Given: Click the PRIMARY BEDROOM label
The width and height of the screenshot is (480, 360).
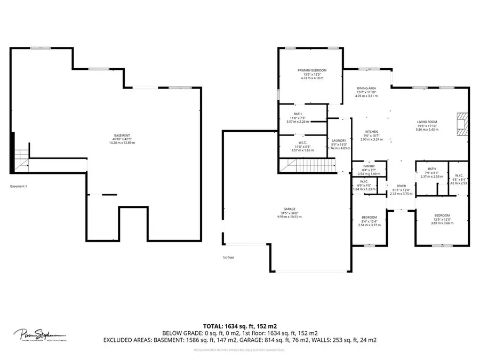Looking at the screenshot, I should [311, 70].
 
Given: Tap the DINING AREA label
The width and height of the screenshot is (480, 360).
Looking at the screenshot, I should [366, 88].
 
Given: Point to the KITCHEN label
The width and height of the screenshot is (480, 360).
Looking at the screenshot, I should [371, 131].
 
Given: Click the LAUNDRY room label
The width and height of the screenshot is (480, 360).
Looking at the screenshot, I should [339, 141].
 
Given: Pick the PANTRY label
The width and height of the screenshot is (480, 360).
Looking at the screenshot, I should [369, 166].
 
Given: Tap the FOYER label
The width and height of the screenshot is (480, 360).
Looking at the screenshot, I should [394, 187].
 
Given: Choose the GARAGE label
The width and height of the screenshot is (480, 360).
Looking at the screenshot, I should [290, 209].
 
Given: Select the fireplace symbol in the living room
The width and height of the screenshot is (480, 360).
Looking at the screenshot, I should [462, 124].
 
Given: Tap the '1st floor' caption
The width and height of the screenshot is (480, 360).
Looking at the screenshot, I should [228, 258].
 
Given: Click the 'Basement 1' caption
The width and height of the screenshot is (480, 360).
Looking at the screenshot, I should [19, 187].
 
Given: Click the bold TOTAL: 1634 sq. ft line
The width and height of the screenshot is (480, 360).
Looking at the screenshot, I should [239, 325].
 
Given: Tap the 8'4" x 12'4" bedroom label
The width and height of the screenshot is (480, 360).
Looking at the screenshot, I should [370, 218].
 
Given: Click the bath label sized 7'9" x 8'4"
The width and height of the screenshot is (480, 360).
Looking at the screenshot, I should [431, 169].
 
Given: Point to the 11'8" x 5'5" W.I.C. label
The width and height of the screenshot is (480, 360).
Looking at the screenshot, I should [302, 142].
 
